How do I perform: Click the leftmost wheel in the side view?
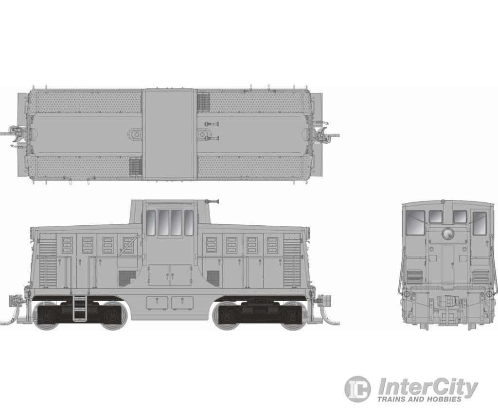pyautogui.click(x=46, y=315)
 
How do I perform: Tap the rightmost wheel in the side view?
pyautogui.click(x=292, y=315)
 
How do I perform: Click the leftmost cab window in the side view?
pyautogui.click(x=151, y=223)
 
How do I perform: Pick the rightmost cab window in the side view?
pyautogui.click(x=189, y=223)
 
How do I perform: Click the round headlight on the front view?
pyautogui.click(x=448, y=234)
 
